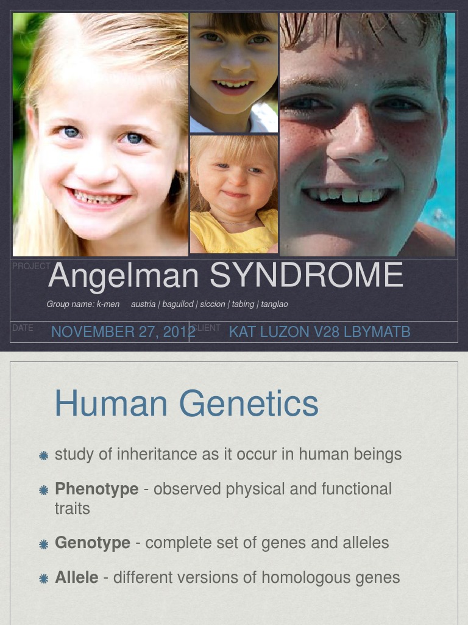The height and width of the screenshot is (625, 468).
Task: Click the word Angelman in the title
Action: point(123,276)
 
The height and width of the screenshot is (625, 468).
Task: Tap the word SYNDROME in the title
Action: point(306,276)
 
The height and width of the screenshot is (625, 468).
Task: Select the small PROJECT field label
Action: point(30,267)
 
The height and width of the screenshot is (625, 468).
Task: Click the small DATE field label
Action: point(23,328)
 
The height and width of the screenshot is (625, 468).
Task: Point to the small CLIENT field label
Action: point(206,328)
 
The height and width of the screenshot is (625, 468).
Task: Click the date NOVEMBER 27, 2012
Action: point(123,332)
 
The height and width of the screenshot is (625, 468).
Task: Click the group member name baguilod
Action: point(178,304)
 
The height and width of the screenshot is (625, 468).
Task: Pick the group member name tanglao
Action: point(275,304)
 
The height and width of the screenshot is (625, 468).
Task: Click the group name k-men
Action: point(108,304)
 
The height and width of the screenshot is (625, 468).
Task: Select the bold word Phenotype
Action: point(96,489)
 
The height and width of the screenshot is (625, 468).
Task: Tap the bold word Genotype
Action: point(93,543)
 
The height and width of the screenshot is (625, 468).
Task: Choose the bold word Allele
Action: point(76,577)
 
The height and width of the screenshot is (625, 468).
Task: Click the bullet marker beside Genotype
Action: point(43,544)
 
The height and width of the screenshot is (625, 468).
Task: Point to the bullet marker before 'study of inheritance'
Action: point(43,455)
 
